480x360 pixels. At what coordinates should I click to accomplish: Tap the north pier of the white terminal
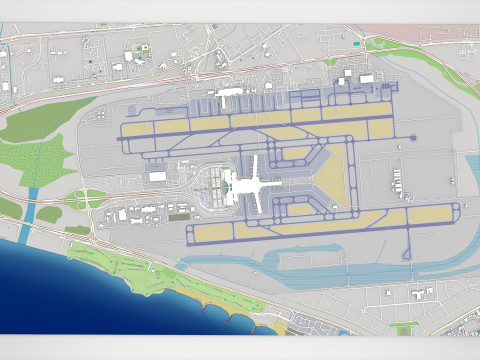coord(255,162)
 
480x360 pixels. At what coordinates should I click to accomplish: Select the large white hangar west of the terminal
coord(158,176)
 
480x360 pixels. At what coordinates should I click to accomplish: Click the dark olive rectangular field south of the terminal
coord(179,216)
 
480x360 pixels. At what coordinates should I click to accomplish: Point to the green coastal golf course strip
coord(130,266)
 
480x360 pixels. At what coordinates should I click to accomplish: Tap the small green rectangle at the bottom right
coord(404,328)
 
